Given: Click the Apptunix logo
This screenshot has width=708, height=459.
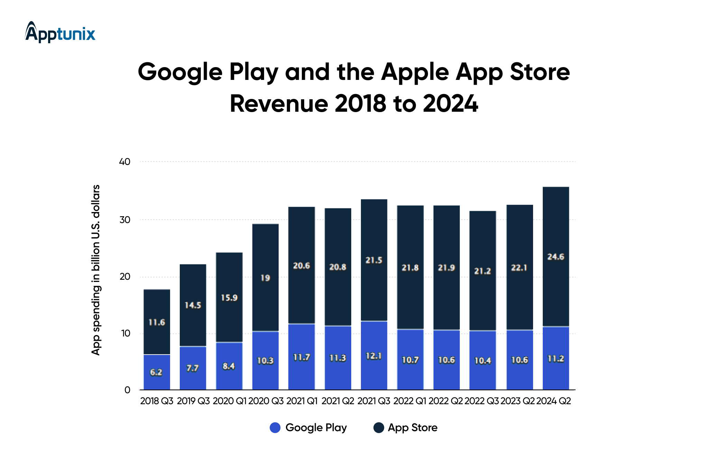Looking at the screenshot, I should click(x=60, y=33).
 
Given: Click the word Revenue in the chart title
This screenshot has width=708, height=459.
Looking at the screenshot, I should click(x=279, y=103).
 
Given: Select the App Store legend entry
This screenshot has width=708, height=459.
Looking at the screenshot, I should click(x=406, y=428).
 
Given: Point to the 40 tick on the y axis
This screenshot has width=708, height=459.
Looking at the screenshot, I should click(x=124, y=162).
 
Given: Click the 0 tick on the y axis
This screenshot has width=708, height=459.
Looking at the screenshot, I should click(x=127, y=390).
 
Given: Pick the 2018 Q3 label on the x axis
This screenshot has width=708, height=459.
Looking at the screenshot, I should click(x=157, y=401).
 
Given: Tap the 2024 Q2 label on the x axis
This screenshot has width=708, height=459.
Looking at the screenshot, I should click(x=553, y=401).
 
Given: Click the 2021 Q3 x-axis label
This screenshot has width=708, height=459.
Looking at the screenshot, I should click(x=374, y=401).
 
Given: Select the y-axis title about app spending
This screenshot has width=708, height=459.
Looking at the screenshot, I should click(x=95, y=270).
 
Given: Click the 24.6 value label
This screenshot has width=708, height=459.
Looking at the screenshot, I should click(x=556, y=257).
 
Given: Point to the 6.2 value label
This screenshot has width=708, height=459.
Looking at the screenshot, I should click(x=156, y=372).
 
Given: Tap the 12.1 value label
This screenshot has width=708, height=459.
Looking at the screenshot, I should click(x=374, y=356).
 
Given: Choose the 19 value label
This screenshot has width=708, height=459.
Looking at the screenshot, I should click(x=265, y=278).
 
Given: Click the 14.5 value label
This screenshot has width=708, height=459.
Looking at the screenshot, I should click(x=193, y=305).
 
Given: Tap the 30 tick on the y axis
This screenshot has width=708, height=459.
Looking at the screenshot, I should click(x=124, y=220).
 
